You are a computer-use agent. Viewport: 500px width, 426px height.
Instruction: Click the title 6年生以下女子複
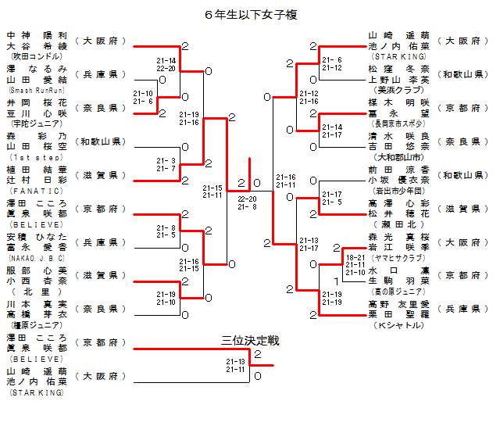250,14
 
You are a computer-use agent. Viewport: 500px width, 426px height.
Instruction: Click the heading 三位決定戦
250,341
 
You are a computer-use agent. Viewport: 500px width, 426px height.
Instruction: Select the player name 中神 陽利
37,36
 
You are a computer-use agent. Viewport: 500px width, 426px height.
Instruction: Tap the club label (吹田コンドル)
36,56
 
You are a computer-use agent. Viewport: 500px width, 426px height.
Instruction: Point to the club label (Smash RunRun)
36,90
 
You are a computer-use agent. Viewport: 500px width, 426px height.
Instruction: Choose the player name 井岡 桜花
37,102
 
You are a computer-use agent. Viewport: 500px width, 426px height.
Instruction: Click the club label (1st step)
36,156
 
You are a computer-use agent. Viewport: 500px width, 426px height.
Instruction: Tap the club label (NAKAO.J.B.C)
36,256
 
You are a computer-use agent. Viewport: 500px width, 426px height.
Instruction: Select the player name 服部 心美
37,270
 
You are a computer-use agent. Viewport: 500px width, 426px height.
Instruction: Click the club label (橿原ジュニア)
36,324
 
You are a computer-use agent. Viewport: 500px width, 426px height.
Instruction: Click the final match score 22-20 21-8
248,202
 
